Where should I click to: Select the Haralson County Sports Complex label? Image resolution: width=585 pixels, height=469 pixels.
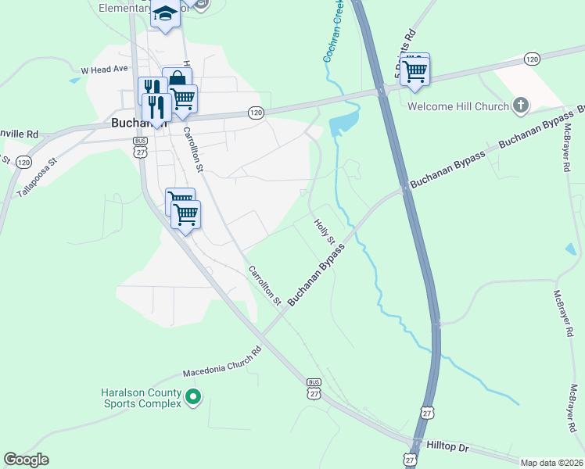142,398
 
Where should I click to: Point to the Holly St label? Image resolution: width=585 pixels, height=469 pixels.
324,231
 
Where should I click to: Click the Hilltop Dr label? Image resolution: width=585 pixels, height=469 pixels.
448,447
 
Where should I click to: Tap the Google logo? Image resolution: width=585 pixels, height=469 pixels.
26,460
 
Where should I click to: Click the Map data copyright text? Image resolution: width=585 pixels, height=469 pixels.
551,463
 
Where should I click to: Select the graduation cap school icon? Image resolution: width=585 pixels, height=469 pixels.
165,14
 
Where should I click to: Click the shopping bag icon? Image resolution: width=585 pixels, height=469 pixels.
178,79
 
